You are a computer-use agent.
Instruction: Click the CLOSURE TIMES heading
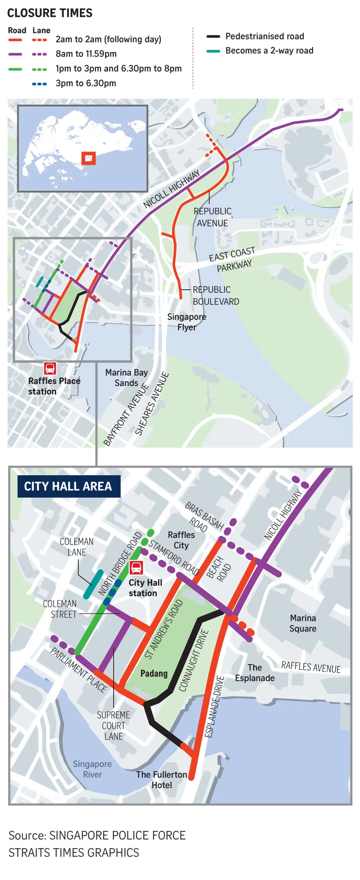(50, 13)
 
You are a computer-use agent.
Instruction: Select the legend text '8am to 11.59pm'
(86, 54)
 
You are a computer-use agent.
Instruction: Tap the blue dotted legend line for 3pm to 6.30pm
(39, 84)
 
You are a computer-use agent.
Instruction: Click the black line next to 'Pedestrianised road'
(213, 37)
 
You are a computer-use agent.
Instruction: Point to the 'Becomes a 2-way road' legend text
(269, 51)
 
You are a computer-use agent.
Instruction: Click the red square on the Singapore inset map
(88, 158)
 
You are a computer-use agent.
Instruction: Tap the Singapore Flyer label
(187, 322)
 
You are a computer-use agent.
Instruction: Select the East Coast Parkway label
(232, 260)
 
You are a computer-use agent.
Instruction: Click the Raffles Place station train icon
(50, 368)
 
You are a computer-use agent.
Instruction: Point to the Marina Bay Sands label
(126, 378)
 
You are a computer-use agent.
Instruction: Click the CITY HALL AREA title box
(69, 486)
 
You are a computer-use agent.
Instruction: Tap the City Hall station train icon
(136, 567)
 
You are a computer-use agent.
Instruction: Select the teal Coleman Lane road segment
(93, 584)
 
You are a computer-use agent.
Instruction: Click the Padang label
(154, 673)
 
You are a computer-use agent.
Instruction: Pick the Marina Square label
(303, 623)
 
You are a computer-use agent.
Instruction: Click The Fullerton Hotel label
(162, 780)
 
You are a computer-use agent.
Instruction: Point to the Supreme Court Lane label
(113, 726)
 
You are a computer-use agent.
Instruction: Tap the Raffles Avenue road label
(310, 667)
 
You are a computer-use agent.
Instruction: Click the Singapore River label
(92, 769)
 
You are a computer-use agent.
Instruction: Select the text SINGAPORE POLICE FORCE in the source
(117, 835)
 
